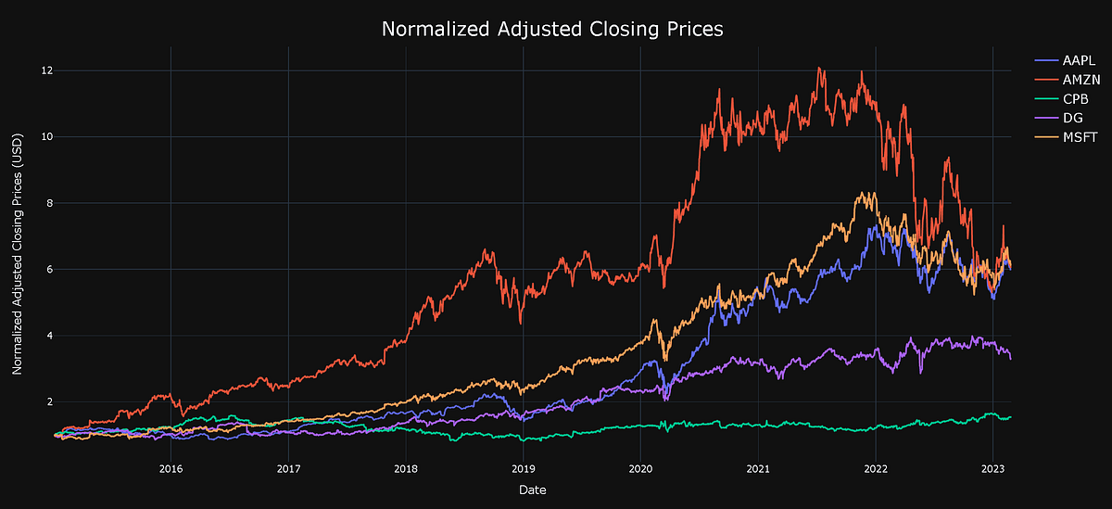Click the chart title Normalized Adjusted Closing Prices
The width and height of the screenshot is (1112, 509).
[552, 30]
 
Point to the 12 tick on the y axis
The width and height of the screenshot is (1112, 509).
[46, 70]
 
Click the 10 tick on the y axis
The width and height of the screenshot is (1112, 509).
[46, 137]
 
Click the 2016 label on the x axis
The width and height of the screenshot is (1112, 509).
[171, 468]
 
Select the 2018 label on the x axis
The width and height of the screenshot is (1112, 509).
[406, 468]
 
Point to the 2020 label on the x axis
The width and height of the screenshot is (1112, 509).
[640, 468]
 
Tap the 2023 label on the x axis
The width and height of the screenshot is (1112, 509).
[993, 468]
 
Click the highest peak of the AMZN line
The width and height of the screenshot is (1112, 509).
[818, 68]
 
